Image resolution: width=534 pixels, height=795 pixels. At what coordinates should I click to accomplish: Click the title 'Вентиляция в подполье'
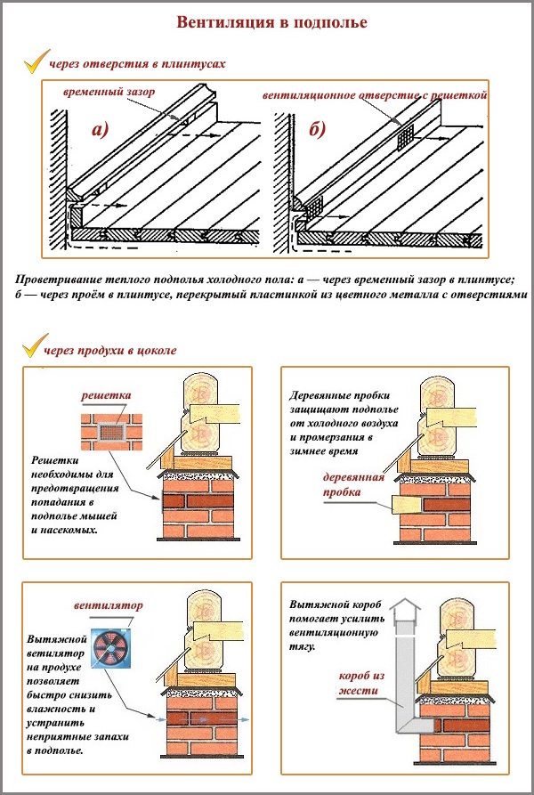pos(271,21)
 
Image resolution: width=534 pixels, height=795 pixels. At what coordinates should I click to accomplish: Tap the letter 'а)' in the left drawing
pos(99,131)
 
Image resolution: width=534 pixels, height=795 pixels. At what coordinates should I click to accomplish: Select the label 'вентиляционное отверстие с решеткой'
pos(375,93)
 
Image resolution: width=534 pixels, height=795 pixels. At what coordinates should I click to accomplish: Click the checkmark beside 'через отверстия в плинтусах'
pos(35,62)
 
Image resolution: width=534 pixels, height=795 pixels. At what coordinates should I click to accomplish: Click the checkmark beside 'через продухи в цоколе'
pos(35,347)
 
